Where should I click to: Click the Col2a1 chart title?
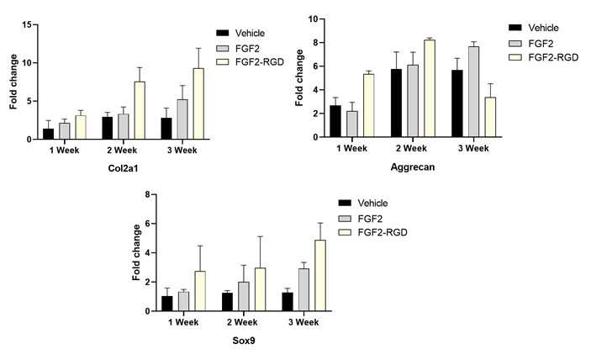click(x=123, y=168)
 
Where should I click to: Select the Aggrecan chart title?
click(x=412, y=167)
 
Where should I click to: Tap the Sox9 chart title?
click(x=244, y=341)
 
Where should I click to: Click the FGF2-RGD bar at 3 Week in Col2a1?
click(x=198, y=103)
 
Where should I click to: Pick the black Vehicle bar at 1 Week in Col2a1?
click(x=48, y=134)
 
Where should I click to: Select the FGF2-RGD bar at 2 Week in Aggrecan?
click(x=430, y=88)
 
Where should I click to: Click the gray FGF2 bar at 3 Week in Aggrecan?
click(x=474, y=92)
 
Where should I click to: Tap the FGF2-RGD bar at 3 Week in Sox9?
click(x=320, y=276)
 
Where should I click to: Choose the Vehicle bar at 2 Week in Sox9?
click(x=227, y=302)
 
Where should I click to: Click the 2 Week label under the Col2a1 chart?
click(x=122, y=151)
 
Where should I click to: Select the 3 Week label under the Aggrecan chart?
click(x=473, y=149)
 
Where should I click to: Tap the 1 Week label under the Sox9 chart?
click(x=183, y=322)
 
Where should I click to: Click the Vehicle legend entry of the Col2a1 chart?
click(x=240, y=33)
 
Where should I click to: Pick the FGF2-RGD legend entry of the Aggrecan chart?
click(x=544, y=57)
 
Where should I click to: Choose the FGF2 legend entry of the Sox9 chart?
click(x=361, y=219)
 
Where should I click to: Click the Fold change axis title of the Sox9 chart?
click(x=136, y=252)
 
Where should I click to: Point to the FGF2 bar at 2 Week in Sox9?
click(x=244, y=297)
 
